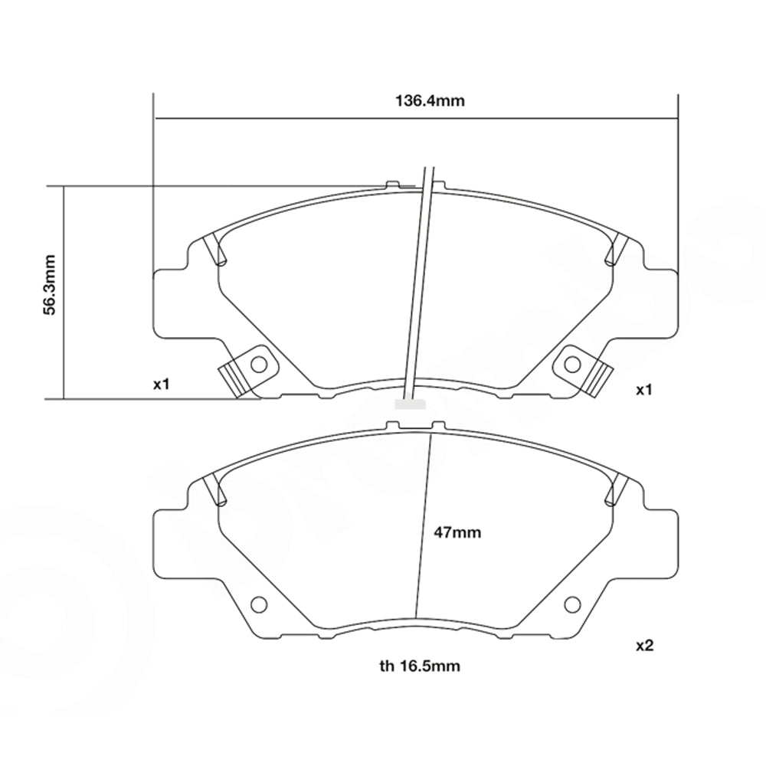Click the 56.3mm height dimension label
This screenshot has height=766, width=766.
48,293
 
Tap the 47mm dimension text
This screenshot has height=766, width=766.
457,532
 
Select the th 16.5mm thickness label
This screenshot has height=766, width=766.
420,666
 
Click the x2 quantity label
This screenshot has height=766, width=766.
644,646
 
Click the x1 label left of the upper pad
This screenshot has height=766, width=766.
160,384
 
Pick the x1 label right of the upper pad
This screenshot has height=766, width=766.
644,390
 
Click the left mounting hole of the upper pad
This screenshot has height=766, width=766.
259,363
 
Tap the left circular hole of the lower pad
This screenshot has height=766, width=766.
259,605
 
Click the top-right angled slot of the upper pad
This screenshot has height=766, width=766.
616,250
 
